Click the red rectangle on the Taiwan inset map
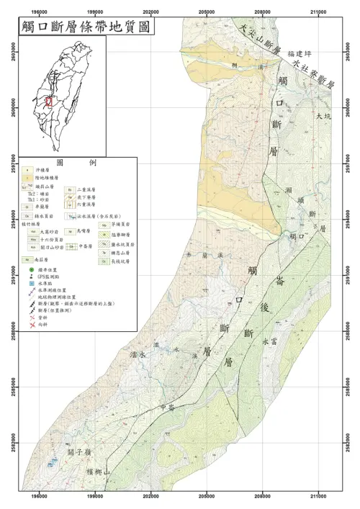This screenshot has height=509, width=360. (x=49, y=102)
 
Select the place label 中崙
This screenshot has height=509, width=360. (x=168, y=407)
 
